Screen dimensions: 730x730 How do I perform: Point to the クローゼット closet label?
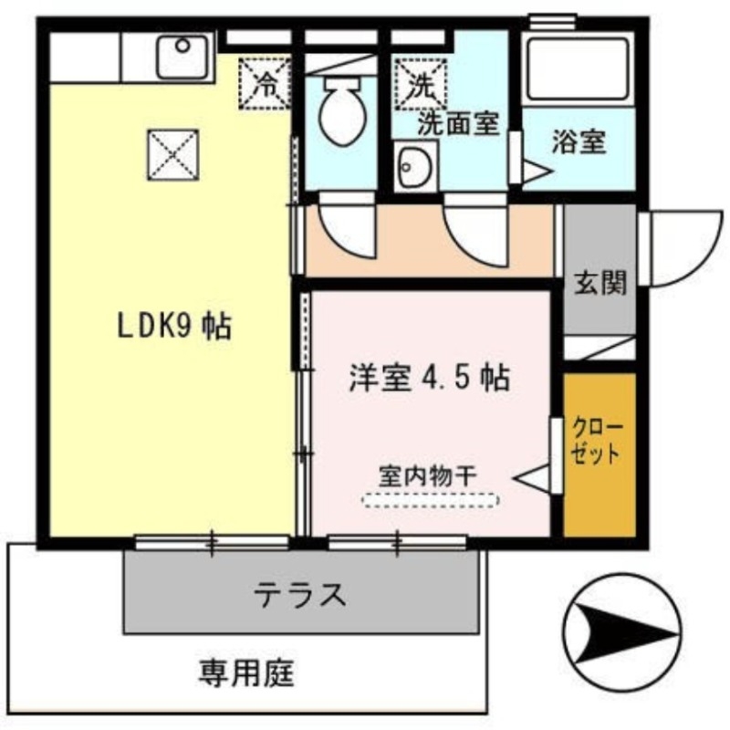pyautogui.click(x=598, y=441)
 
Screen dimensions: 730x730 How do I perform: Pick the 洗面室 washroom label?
pyautogui.click(x=458, y=124)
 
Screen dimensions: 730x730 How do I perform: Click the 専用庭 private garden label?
pyautogui.click(x=245, y=674)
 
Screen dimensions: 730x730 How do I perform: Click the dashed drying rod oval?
pyautogui.click(x=431, y=500)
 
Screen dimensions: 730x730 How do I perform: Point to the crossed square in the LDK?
pyautogui.click(x=173, y=152)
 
